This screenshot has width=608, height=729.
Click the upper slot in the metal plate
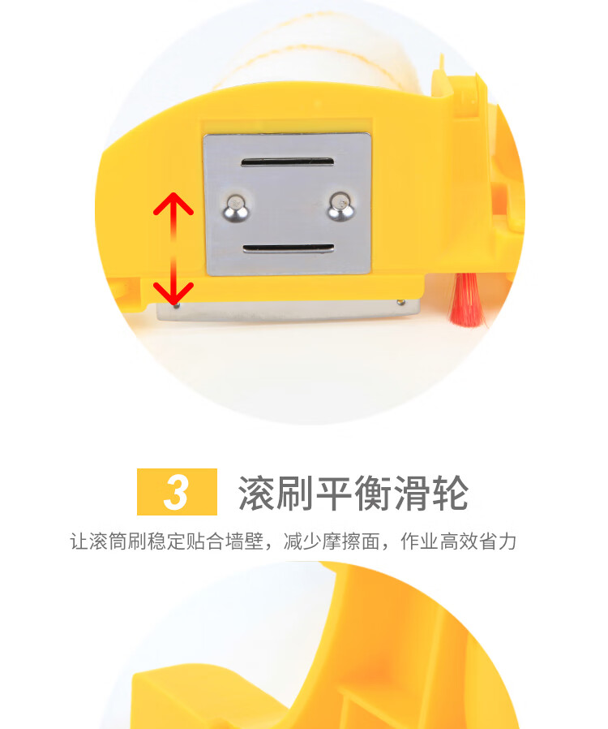click(x=287, y=162)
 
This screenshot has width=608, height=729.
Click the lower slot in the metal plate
click(x=289, y=248)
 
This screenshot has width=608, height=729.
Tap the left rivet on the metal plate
click(x=236, y=208)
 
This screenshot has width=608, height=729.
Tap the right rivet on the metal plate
click(x=341, y=206)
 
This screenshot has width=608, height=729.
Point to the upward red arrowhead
click(x=173, y=204)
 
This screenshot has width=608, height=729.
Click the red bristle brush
click(x=468, y=299)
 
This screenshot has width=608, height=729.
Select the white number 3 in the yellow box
click(x=177, y=492)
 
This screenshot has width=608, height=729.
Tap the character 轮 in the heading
click(x=450, y=494)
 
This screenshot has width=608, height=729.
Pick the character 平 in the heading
click(x=334, y=494)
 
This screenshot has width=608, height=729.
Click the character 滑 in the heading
click(x=411, y=494)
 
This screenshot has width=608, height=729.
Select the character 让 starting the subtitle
click(x=79, y=541)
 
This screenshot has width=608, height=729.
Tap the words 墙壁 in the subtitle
click(x=245, y=541)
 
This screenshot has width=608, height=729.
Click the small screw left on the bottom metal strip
click(x=176, y=305)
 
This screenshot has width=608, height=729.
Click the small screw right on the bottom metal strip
click(x=401, y=303)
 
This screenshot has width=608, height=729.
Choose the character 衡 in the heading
click(x=373, y=494)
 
